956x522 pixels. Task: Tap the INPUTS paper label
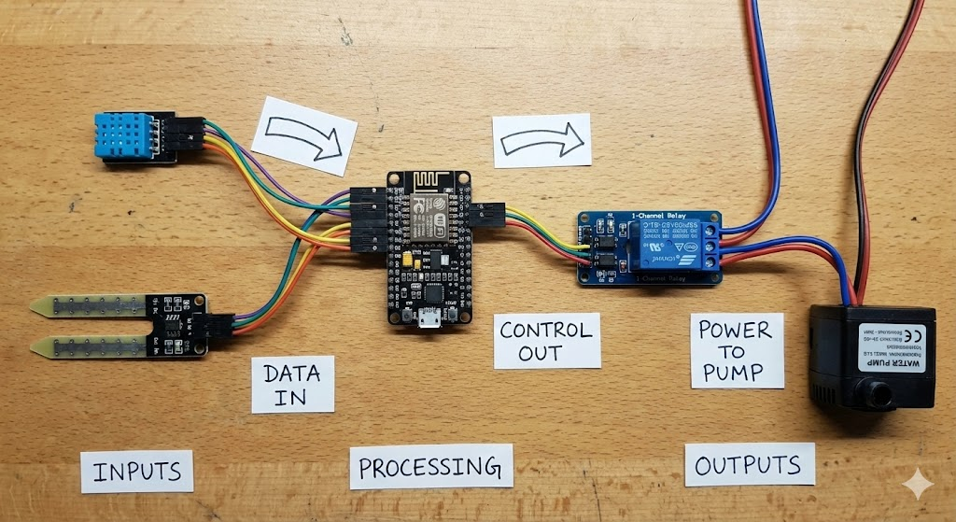136,472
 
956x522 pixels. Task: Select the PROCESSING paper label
431,466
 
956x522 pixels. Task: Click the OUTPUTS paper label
750,464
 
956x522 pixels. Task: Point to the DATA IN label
292,384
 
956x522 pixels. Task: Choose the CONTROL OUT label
546,341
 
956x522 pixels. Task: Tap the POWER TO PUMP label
736,351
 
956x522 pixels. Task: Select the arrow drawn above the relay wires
542,141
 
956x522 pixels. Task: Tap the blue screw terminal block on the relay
712,247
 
